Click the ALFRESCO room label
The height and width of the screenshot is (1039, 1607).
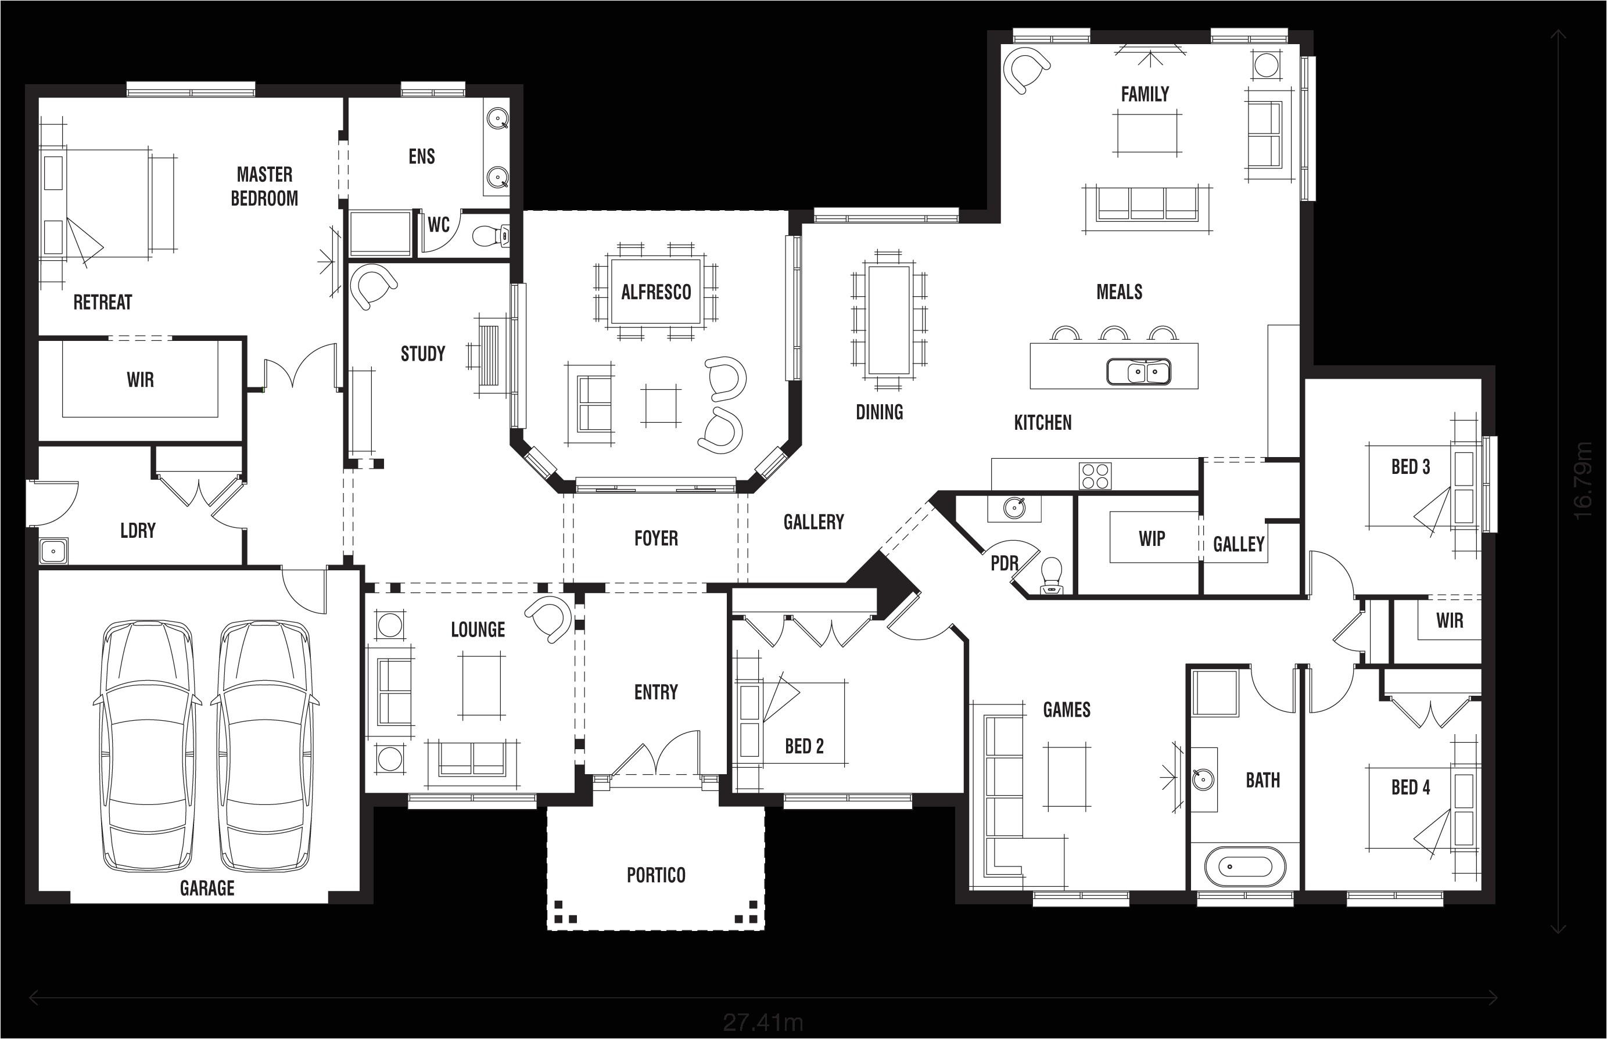click(656, 292)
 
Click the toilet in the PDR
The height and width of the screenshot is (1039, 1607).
click(1052, 575)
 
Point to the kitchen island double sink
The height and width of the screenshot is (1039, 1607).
click(1139, 372)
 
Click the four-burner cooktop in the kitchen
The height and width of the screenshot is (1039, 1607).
click(1095, 476)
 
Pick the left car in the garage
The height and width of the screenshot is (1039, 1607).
click(147, 746)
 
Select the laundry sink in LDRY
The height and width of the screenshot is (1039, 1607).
click(53, 551)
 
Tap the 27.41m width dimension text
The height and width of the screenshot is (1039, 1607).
click(763, 1023)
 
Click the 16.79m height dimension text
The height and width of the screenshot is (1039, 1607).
click(1583, 480)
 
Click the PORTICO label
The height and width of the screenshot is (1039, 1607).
click(656, 875)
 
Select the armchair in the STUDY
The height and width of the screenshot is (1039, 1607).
click(371, 286)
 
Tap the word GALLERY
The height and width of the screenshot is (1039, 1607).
click(813, 522)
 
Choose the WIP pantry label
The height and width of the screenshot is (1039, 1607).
click(1152, 538)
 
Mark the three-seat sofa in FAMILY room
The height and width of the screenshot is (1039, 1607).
click(1147, 204)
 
